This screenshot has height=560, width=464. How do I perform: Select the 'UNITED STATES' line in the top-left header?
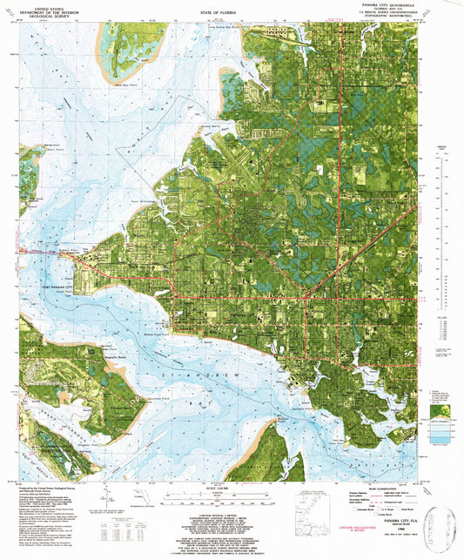point(44,4)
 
